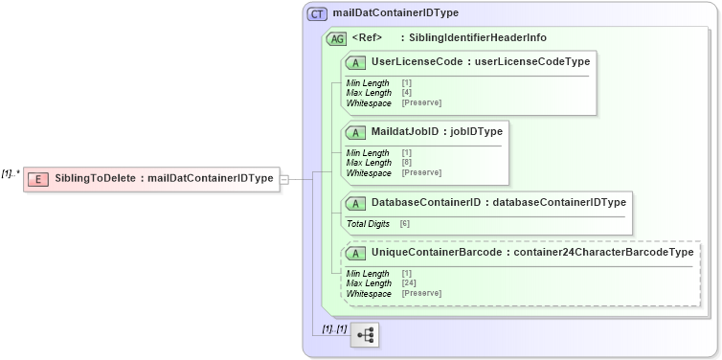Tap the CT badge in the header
(317, 14)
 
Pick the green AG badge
(337, 39)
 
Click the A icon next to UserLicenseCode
(356, 62)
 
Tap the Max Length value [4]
(407, 93)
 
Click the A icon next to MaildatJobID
(356, 132)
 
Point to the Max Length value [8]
(407, 163)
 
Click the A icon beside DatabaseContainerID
(356, 203)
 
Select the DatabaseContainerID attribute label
(426, 203)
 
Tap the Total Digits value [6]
(405, 223)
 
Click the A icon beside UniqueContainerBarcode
(356, 253)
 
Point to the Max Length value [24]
(409, 283)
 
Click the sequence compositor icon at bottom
(365, 334)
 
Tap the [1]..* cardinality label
(11, 173)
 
